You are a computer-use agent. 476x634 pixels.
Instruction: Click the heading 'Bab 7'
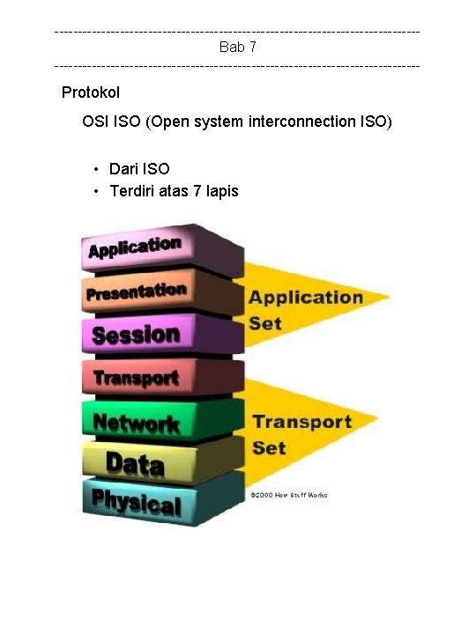click(238, 47)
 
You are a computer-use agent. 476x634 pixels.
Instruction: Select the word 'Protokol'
click(91, 92)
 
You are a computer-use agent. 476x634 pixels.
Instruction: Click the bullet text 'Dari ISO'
click(139, 168)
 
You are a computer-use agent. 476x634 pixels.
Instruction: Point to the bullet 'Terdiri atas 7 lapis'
click(174, 190)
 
